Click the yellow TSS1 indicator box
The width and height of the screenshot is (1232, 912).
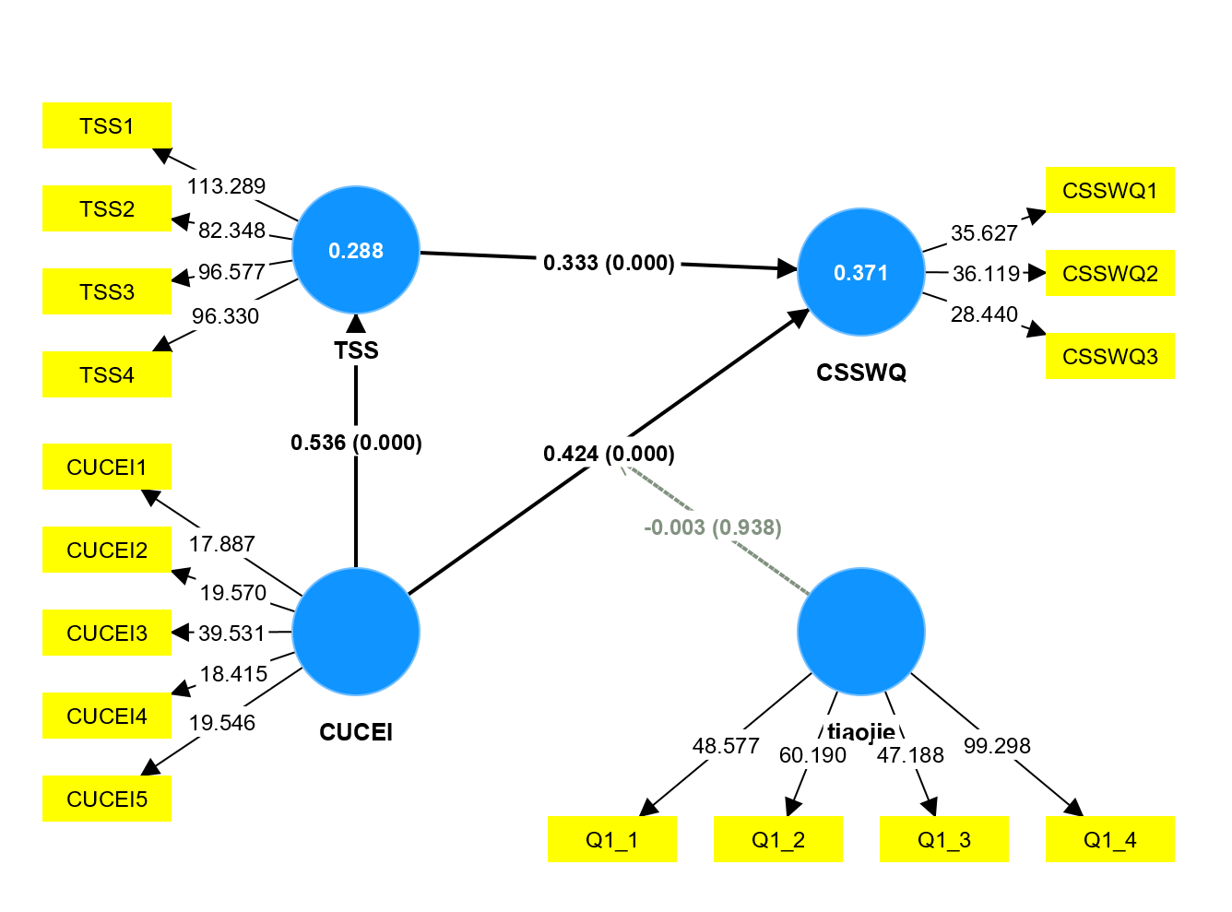point(107,125)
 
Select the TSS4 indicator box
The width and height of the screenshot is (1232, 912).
point(107,374)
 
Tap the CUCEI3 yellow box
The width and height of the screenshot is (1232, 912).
point(107,633)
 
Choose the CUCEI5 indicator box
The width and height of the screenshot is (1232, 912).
point(107,799)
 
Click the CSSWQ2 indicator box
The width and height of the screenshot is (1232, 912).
point(1109,273)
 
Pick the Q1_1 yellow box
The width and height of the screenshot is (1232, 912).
point(611,839)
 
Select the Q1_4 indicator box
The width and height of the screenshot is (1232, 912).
point(1109,839)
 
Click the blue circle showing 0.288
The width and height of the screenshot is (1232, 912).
point(356,250)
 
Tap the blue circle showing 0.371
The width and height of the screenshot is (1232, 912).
point(860,272)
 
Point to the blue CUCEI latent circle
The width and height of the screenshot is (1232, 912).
point(356,632)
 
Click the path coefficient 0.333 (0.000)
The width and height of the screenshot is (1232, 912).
point(609,263)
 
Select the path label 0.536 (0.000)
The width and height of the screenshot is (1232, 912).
point(356,443)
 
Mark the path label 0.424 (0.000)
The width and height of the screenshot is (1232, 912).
point(609,454)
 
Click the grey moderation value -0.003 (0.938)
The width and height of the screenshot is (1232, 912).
point(713,527)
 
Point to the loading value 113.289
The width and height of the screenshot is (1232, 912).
point(226,186)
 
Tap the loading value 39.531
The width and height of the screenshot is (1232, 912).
point(231,634)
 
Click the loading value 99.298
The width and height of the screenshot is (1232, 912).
point(997,745)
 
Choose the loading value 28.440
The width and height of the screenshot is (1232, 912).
point(984,314)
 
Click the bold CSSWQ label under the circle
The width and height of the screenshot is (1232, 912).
point(861,373)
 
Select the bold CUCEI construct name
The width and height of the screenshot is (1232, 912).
point(356,732)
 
